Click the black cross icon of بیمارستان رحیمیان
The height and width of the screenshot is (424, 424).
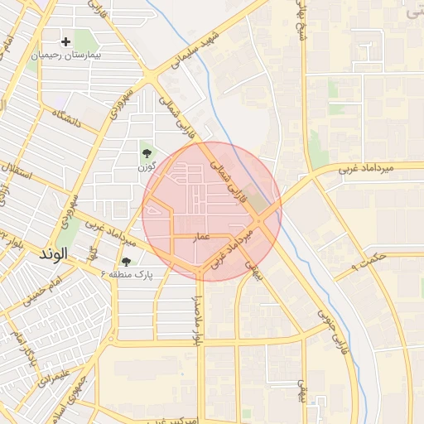(x=66, y=41)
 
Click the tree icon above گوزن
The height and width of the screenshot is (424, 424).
(x=147, y=153)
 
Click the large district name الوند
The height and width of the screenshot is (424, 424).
(x=51, y=254)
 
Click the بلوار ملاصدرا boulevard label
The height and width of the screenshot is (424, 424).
(x=197, y=316)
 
